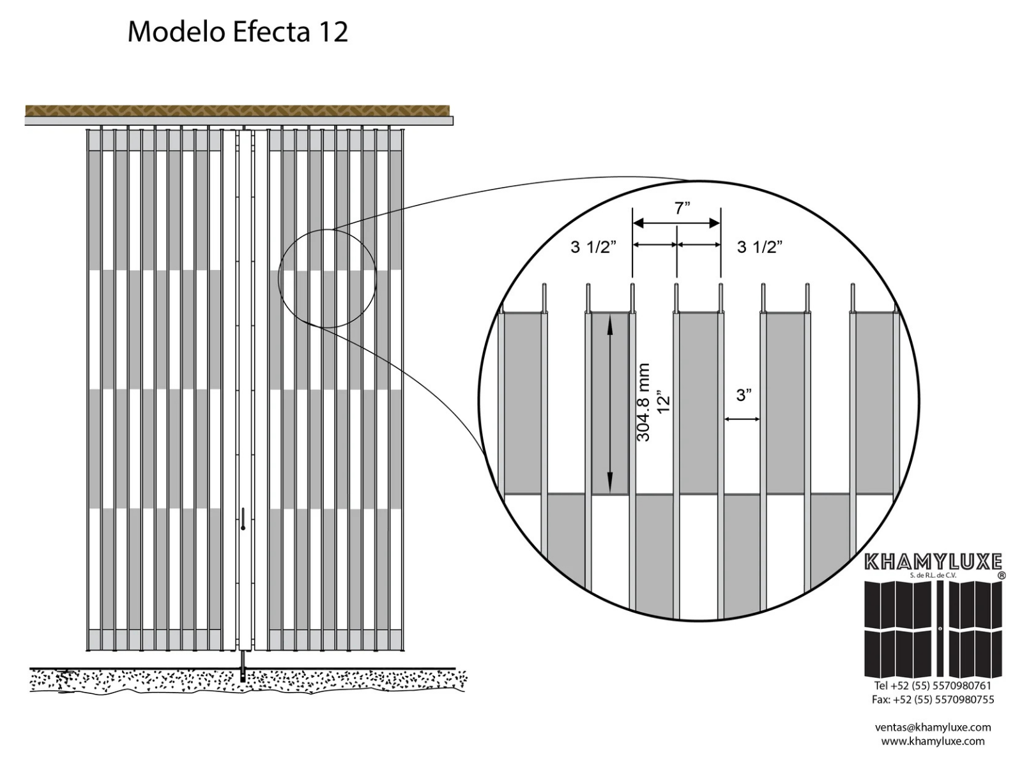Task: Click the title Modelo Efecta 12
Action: coord(238,32)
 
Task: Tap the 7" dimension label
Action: coord(682,208)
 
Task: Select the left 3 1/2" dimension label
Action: coord(593,247)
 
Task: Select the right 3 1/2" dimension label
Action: coord(759,247)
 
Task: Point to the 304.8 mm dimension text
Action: coord(644,402)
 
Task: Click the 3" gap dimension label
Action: coord(744,395)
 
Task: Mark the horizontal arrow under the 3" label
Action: coord(742,419)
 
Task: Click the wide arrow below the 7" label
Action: coord(676,223)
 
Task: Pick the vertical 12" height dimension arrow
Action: coord(610,403)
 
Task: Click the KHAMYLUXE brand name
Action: coord(933,562)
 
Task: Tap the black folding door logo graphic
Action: coord(933,629)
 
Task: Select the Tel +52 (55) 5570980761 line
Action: coord(933,686)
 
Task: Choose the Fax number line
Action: coord(933,699)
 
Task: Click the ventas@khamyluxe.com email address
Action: coord(933,727)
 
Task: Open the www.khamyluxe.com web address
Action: coord(933,741)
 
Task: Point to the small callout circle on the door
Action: coord(327,278)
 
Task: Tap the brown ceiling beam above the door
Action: coord(238,110)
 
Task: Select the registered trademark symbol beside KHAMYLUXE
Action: coord(1001,575)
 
